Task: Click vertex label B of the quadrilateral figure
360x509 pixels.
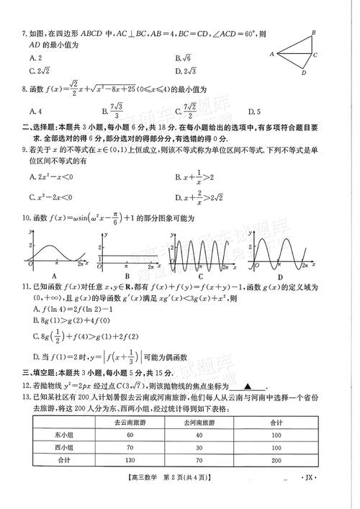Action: [x=314, y=32]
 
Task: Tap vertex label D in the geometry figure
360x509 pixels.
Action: [x=304, y=73]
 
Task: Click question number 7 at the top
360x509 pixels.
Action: [x=24, y=34]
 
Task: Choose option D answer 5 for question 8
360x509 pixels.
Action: [x=251, y=111]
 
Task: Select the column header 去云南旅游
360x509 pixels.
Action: [x=130, y=422]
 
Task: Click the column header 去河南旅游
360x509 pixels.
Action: [x=199, y=422]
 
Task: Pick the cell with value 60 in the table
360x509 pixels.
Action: [x=130, y=435]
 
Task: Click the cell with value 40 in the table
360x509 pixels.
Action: [x=199, y=435]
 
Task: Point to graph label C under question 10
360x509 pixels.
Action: [x=199, y=276]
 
